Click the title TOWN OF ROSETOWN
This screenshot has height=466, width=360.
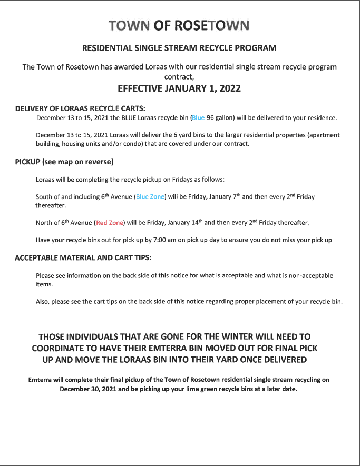(x=179, y=26)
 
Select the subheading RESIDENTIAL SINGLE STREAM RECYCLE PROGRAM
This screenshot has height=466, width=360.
(x=179, y=48)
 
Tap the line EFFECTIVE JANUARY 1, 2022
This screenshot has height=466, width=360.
(x=179, y=88)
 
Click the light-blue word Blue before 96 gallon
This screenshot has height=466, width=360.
(x=198, y=117)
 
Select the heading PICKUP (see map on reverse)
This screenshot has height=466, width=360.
(x=65, y=161)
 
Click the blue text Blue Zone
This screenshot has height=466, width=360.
(x=150, y=197)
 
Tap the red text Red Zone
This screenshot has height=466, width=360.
(x=110, y=223)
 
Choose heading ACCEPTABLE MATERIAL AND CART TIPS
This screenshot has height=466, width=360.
(x=83, y=258)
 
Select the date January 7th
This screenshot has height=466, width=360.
(x=223, y=197)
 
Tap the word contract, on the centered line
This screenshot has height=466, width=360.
(x=179, y=76)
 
